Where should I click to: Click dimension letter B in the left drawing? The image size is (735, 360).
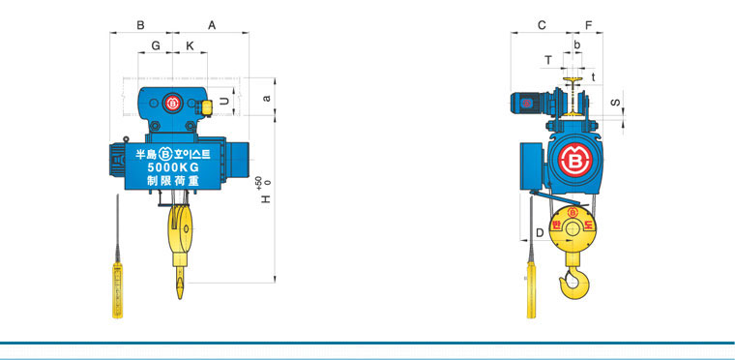[x=140, y=25]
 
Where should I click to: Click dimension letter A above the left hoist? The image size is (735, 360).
[x=212, y=25]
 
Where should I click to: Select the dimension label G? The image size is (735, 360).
[x=156, y=45]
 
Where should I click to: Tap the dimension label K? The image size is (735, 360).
[x=190, y=45]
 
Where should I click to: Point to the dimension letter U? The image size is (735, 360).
[x=225, y=101]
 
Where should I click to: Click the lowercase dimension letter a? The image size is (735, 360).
[x=267, y=98]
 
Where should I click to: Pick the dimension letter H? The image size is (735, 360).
[x=266, y=199]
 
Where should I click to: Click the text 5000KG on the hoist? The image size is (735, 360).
[x=173, y=167]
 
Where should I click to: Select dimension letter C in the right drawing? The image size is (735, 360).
[x=542, y=25]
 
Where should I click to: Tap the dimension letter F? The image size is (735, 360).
[x=589, y=25]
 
